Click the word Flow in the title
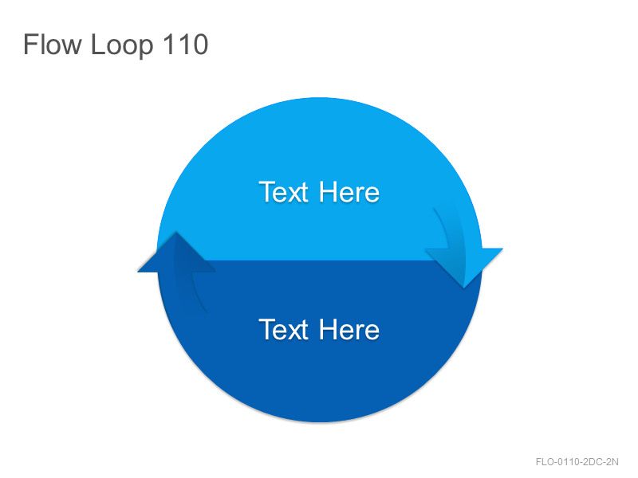53,44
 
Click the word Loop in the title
122,46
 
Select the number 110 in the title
185,44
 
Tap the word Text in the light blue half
284,192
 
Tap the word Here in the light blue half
349,192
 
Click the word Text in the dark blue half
284,329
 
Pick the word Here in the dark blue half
349,329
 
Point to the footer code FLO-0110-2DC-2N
577,462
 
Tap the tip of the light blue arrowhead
464,288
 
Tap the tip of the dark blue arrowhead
176,232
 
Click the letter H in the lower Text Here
328,329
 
